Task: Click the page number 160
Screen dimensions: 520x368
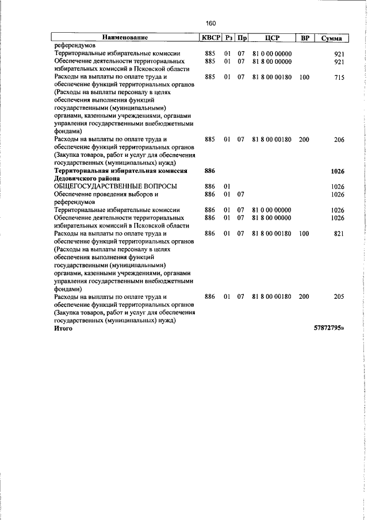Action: [x=210, y=23]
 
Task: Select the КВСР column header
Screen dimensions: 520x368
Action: [x=210, y=38]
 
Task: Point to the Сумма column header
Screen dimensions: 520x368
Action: [x=332, y=38]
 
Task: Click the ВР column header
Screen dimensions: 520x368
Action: [x=305, y=38]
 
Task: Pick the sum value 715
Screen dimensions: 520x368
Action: [x=338, y=77]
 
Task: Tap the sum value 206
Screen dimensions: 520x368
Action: [x=338, y=139]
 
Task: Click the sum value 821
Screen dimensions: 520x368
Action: [x=338, y=234]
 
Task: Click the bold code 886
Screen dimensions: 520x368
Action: [x=209, y=171]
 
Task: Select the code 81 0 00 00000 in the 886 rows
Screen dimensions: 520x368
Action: [x=272, y=210]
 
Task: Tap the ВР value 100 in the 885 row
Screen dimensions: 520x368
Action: [x=304, y=77]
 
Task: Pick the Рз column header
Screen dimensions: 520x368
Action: [x=228, y=38]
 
